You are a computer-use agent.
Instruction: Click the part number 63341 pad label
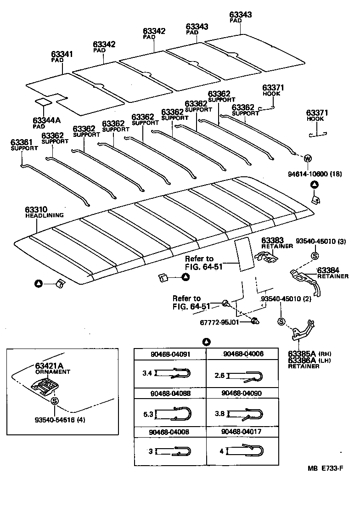tap(62, 56)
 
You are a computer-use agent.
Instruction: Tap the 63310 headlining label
tap(44, 212)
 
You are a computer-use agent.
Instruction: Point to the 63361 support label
tap(24, 145)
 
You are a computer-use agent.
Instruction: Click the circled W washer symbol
tap(307, 158)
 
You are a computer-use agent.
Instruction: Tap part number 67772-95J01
tap(219, 323)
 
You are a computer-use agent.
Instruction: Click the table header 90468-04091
tap(169, 354)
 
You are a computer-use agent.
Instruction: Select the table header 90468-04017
tap(242, 432)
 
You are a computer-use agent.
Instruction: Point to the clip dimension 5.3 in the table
tap(148, 414)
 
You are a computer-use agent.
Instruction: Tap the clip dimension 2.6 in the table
tap(220, 376)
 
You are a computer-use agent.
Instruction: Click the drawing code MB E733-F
tap(326, 468)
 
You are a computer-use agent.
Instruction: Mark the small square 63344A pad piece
tap(43, 101)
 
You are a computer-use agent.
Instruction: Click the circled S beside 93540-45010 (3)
tap(315, 256)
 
